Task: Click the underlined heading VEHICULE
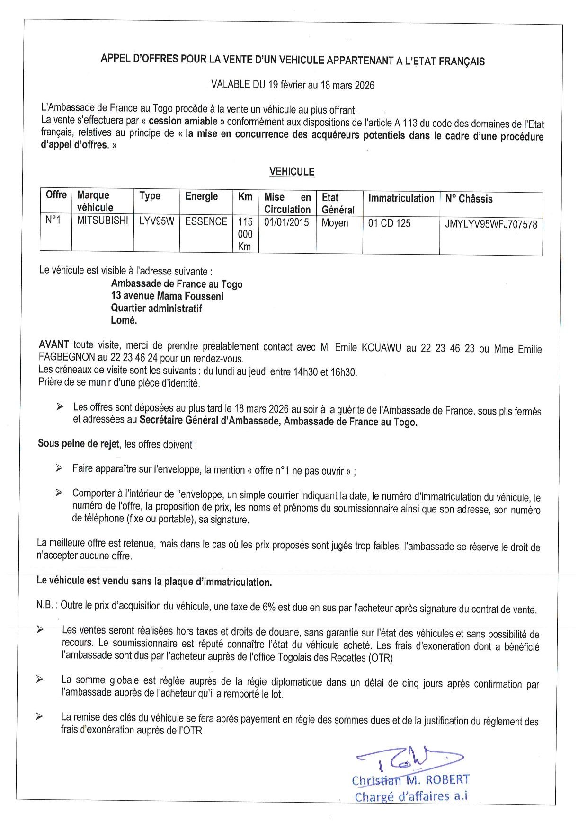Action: (x=292, y=172)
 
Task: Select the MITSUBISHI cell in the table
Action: (x=102, y=221)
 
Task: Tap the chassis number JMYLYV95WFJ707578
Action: (x=491, y=224)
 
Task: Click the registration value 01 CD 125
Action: (x=389, y=223)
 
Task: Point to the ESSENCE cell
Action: (x=206, y=221)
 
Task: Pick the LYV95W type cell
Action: (x=156, y=221)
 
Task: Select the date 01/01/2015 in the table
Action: (x=286, y=222)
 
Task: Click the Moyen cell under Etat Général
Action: (x=335, y=223)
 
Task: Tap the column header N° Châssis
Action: (x=469, y=199)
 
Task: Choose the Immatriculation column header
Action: (x=401, y=198)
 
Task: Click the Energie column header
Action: (x=201, y=196)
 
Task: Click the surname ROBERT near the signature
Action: (x=447, y=780)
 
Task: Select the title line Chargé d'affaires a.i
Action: (x=411, y=796)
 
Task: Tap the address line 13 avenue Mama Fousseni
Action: (x=167, y=296)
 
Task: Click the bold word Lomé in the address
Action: (x=124, y=320)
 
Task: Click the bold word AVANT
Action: (x=54, y=345)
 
